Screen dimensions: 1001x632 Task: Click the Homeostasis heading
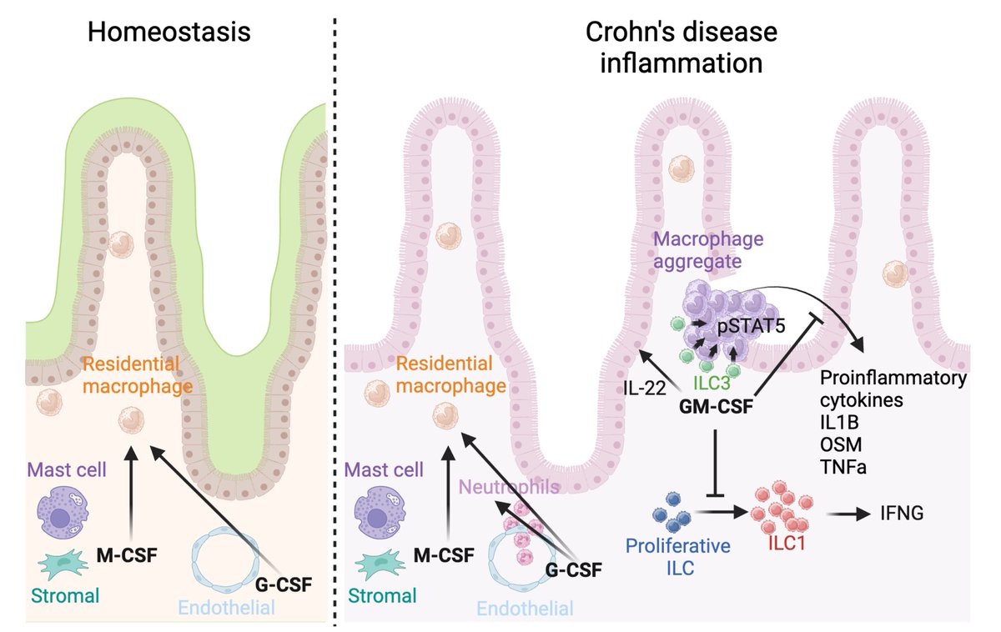tap(169, 33)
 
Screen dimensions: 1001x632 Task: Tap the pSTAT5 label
tap(751, 326)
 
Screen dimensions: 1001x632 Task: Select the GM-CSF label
tap(716, 406)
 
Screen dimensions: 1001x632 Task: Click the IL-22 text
tap(644, 389)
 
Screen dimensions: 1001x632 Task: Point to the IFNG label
tap(902, 514)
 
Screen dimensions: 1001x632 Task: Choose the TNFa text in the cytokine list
tap(843, 467)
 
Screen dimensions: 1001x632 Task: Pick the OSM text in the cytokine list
tap(841, 445)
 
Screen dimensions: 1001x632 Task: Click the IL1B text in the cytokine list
tap(839, 423)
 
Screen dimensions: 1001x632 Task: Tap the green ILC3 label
tap(712, 383)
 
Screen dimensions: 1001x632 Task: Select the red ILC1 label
tap(787, 543)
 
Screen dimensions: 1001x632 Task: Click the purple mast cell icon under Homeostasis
tap(63, 515)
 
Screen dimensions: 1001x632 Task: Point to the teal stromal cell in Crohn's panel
tap(380, 565)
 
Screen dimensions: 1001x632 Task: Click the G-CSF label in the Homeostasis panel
tap(284, 584)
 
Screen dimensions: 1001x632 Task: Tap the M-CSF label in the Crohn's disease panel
tap(444, 555)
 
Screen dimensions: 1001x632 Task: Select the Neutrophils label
tap(509, 487)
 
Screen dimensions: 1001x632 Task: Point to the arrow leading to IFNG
tap(848, 514)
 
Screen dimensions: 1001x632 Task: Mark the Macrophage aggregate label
tap(708, 250)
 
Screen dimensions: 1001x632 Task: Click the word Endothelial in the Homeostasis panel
tap(227, 608)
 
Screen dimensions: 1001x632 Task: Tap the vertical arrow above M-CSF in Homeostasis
tap(131, 493)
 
